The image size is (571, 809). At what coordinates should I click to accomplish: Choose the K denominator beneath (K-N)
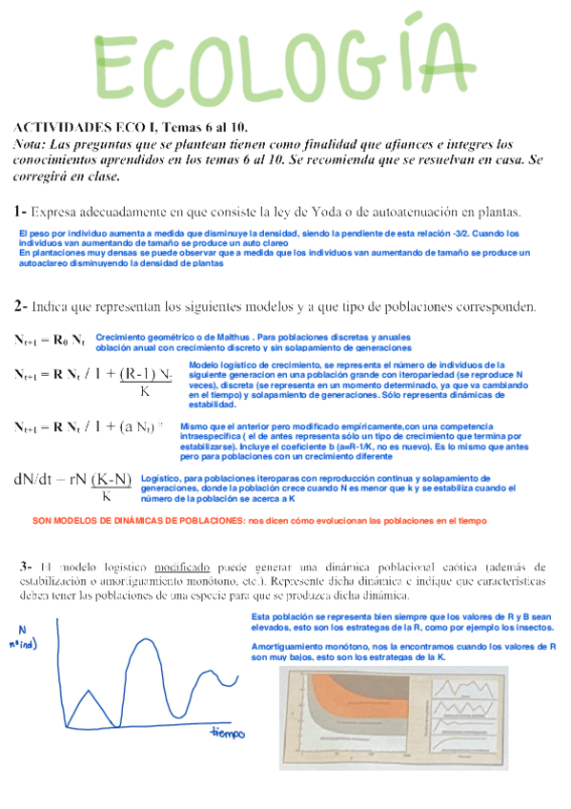[x=107, y=495]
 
